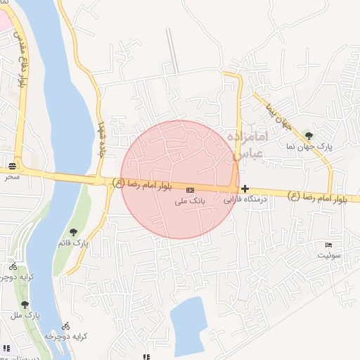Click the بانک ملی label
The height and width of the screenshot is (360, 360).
[189, 201]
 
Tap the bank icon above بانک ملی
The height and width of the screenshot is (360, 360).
[191, 190]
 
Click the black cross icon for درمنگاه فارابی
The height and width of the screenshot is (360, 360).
[245, 188]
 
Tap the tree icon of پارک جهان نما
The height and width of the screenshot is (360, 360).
[309, 135]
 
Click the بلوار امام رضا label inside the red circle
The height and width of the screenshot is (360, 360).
[146, 184]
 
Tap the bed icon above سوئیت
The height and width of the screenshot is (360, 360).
[329, 245]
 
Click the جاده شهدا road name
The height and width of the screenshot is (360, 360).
[101, 133]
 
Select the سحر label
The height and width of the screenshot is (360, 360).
[11, 177]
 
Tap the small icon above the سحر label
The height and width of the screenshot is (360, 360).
[13, 167]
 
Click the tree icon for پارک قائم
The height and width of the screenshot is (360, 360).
[73, 232]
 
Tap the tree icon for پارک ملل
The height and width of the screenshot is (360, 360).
[25, 305]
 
